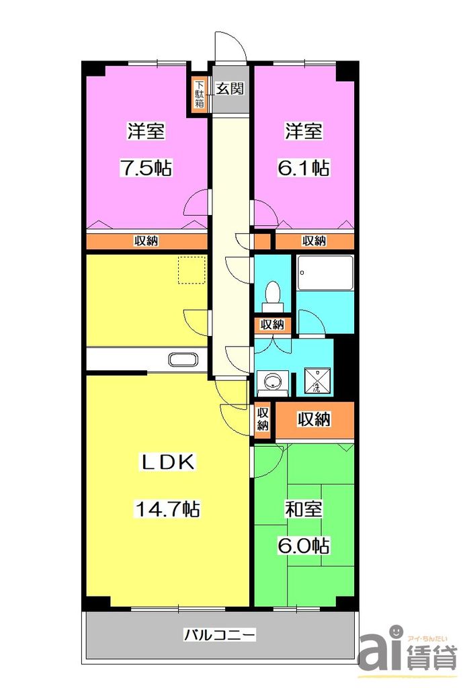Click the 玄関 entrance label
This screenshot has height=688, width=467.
point(229,89)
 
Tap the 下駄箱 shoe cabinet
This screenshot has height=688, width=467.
point(200,95)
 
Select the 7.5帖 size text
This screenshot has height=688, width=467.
point(146,167)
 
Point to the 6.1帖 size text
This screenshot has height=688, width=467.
point(304,167)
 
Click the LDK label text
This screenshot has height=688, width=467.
point(167,462)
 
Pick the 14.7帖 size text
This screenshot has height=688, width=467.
point(167,509)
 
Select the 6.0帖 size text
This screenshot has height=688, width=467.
point(304,546)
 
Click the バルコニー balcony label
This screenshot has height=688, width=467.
point(220,634)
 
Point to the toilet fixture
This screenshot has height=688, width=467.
point(273,295)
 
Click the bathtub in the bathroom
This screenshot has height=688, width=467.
point(325,273)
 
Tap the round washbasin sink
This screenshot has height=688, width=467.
point(271,382)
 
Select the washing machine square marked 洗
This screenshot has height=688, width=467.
point(314,381)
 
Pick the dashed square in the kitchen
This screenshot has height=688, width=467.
point(191,269)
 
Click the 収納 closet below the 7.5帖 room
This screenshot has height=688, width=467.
point(146,241)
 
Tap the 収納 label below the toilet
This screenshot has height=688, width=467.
point(272,325)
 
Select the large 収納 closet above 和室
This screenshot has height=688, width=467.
point(314,421)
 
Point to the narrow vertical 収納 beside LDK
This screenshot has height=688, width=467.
point(263,419)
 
